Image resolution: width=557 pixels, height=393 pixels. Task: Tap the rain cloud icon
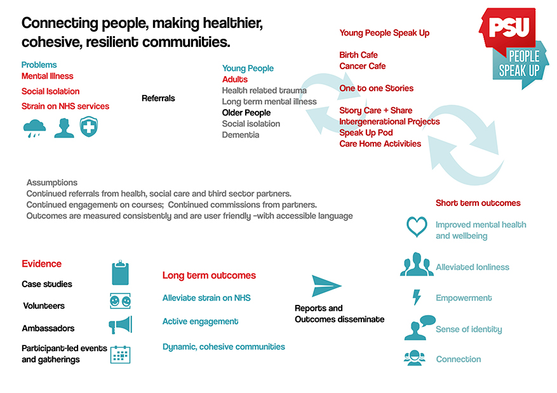(34, 128)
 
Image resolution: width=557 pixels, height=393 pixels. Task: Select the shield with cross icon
(89, 127)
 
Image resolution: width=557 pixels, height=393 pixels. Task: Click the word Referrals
(158, 98)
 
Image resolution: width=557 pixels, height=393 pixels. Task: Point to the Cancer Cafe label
(362, 66)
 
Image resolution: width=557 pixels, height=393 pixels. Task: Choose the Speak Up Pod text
(366, 132)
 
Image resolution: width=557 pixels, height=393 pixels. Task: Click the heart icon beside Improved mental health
(417, 227)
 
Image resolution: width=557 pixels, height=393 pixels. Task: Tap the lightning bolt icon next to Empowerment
(417, 297)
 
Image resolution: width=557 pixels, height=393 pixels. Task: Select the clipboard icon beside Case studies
(121, 273)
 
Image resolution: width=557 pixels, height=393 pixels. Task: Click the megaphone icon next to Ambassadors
(121, 325)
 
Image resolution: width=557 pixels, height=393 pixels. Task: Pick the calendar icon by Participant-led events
(121, 354)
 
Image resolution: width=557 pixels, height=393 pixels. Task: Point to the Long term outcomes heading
(209, 275)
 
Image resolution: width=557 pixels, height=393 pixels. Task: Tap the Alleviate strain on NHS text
(206, 298)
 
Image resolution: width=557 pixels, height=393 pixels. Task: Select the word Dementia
(241, 134)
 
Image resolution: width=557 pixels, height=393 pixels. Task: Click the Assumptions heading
(52, 183)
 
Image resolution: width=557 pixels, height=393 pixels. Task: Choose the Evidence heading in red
(41, 264)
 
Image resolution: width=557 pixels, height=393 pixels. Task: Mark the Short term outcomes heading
(478, 203)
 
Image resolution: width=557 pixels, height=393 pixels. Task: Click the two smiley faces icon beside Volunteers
(121, 301)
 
